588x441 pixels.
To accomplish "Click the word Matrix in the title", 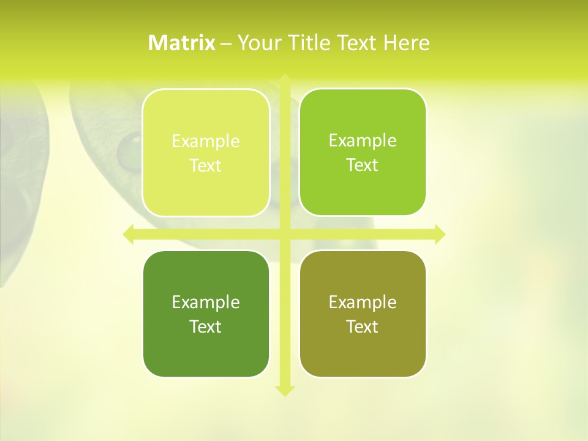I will [181, 43].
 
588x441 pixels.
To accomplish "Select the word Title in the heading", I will [311, 43].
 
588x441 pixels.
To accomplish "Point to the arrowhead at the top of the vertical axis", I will [284, 78].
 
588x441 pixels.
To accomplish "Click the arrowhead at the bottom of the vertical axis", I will [284, 391].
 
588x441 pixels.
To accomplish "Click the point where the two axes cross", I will [284, 235].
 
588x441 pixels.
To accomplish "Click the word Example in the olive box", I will [363, 302].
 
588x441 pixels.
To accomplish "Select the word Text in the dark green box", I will [206, 326].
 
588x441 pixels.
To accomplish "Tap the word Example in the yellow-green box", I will [206, 141].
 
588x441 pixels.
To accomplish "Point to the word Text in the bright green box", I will [363, 165].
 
